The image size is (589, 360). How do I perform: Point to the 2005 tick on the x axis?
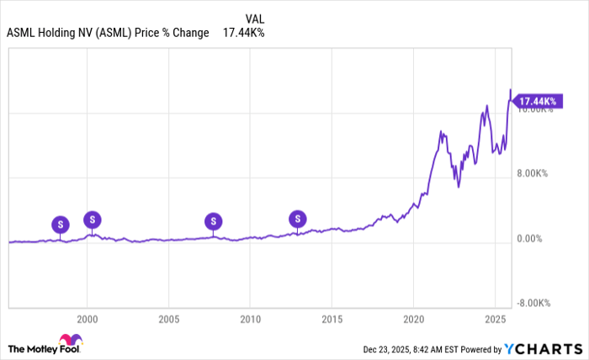(x=169, y=320)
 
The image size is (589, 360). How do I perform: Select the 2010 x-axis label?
(x=250, y=320)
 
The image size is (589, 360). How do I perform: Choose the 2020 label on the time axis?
(x=413, y=320)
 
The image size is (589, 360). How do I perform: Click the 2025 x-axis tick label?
(x=494, y=320)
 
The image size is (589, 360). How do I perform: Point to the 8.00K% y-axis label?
(x=532, y=174)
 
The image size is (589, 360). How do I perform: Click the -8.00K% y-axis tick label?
(x=532, y=304)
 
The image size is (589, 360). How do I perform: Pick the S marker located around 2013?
(x=297, y=220)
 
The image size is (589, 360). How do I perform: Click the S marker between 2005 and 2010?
(x=214, y=221)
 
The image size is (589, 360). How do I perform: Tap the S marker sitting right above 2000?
(x=93, y=220)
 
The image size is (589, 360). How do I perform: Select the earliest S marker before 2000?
(x=60, y=225)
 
